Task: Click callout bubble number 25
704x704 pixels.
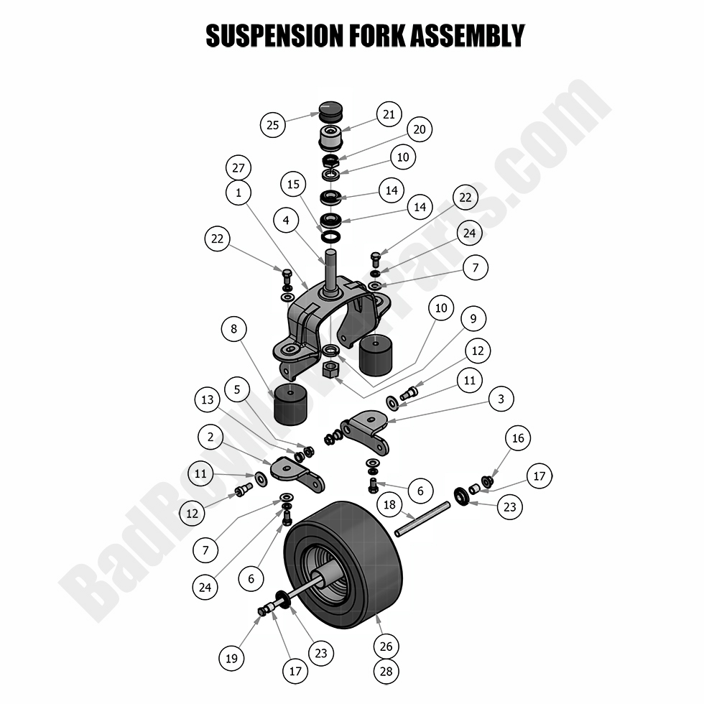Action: pyautogui.click(x=273, y=125)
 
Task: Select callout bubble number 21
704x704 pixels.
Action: pyautogui.click(x=389, y=114)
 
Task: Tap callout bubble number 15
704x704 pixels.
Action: pyautogui.click(x=293, y=185)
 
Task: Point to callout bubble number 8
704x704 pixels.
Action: pyautogui.click(x=234, y=330)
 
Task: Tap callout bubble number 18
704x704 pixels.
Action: pyautogui.click(x=389, y=505)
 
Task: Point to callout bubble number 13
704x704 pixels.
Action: pyautogui.click(x=208, y=400)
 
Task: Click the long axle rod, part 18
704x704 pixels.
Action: pyautogui.click(x=422, y=519)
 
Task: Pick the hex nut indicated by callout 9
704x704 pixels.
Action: pyautogui.click(x=332, y=370)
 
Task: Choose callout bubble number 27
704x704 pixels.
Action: pyautogui.click(x=238, y=169)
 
